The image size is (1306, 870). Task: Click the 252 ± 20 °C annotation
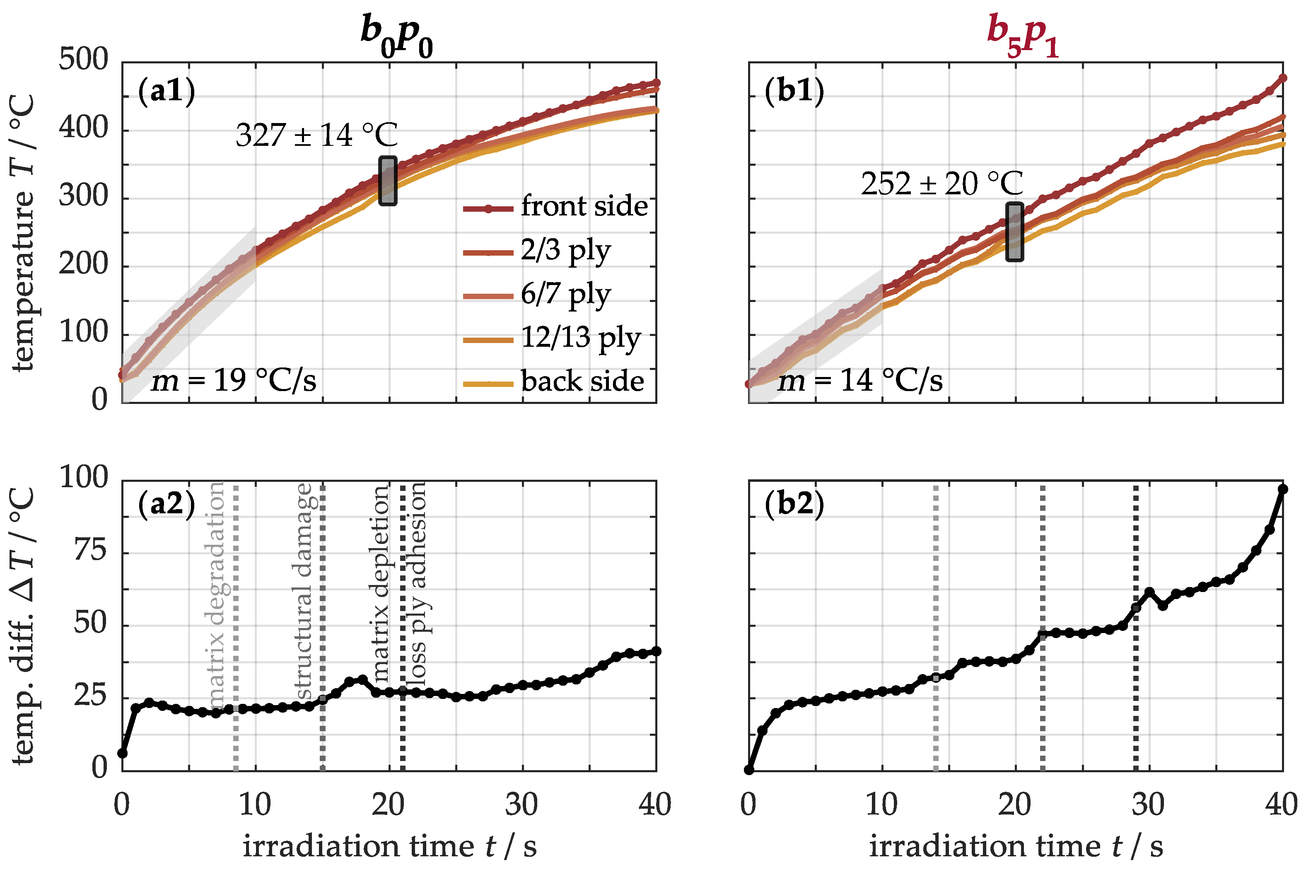[941, 184]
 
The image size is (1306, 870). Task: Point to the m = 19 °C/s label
[234, 381]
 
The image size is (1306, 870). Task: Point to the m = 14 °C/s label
[860, 381]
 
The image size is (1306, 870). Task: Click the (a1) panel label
[167, 90]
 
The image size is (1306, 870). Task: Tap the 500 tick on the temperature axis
[84, 60]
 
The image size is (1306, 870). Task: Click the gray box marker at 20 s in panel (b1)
[1015, 232]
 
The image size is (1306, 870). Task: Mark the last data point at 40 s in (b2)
[1282, 489]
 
